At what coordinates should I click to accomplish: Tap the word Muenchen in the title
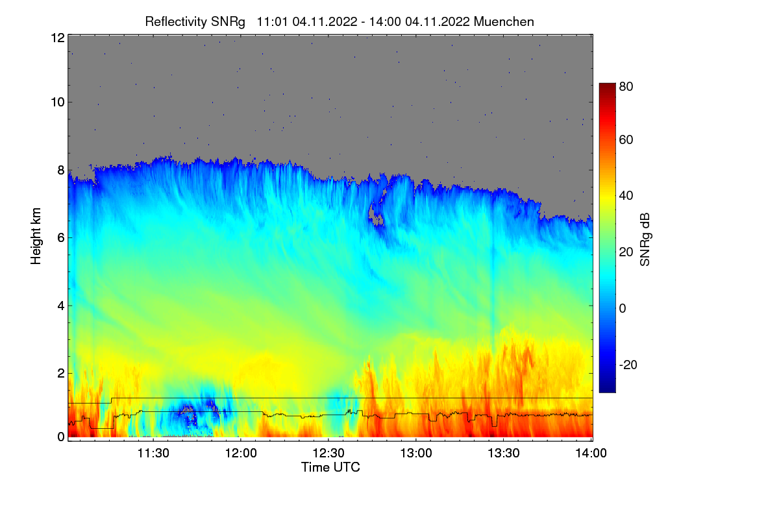click(504, 21)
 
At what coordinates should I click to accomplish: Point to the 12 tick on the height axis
click(57, 38)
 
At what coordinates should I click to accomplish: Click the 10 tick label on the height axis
click(57, 102)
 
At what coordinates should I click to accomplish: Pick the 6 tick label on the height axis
click(60, 237)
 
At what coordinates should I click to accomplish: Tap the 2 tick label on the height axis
click(60, 373)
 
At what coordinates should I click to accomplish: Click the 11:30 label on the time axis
click(153, 453)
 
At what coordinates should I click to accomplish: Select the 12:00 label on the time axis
click(240, 453)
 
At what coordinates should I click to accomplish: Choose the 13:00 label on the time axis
click(415, 453)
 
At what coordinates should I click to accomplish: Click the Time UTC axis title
click(330, 467)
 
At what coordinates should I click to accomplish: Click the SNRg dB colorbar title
click(645, 240)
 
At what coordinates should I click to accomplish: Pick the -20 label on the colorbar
click(628, 365)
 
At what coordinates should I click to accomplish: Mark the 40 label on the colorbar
click(626, 196)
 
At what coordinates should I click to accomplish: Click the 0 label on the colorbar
click(623, 308)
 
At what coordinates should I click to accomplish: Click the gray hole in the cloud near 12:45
click(375, 211)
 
